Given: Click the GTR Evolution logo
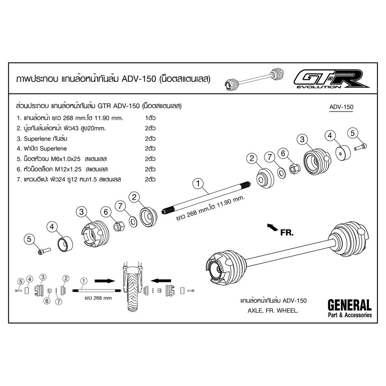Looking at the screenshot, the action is [331, 79].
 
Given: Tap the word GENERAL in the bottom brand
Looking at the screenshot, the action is [349, 305].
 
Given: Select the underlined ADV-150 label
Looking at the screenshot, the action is [341, 107].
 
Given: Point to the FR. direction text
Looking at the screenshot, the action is [287, 233].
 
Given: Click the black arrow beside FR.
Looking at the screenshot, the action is [273, 227].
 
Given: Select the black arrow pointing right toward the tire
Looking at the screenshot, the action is [105, 281].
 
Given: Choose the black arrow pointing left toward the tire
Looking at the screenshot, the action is [161, 280].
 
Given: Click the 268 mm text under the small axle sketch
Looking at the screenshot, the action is [98, 298].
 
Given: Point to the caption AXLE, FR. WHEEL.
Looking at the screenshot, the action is [273, 311].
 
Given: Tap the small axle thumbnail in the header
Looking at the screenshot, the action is [254, 79].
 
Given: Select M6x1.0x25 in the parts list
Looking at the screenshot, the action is [66, 159].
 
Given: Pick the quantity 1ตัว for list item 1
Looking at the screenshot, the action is [150, 118].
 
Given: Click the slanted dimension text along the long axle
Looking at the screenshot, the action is [210, 208].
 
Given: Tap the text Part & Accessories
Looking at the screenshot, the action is [350, 315].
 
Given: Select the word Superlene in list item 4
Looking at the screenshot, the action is [53, 149].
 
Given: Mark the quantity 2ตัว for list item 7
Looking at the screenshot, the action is [150, 179].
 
